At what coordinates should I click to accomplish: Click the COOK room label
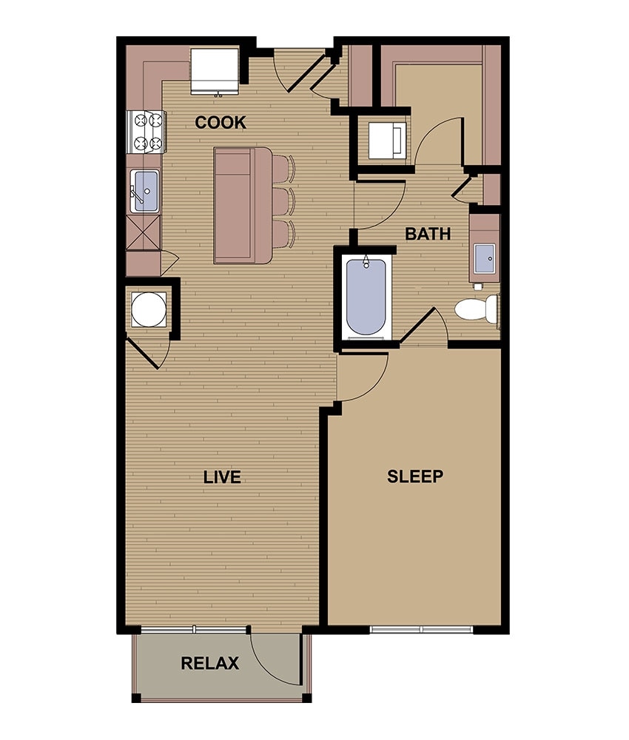[x=221, y=123]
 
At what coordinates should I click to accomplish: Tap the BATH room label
[x=428, y=234]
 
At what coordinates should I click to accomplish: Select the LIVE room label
[x=222, y=477]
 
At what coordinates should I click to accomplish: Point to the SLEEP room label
[x=415, y=477]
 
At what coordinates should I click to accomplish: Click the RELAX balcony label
[x=209, y=664]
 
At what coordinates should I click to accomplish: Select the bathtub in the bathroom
[x=366, y=296]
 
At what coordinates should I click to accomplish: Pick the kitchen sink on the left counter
[x=144, y=191]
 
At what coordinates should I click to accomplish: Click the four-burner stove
[x=146, y=130]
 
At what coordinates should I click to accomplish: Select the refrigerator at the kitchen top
[x=215, y=71]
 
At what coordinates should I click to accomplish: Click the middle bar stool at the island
[x=282, y=201]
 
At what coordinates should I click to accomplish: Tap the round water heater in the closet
[x=149, y=309]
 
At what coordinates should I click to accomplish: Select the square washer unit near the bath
[x=387, y=138]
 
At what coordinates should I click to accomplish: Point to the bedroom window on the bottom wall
[x=421, y=630]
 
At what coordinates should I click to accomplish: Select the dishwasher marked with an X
[x=144, y=232]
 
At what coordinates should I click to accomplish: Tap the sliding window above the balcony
[x=194, y=630]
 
